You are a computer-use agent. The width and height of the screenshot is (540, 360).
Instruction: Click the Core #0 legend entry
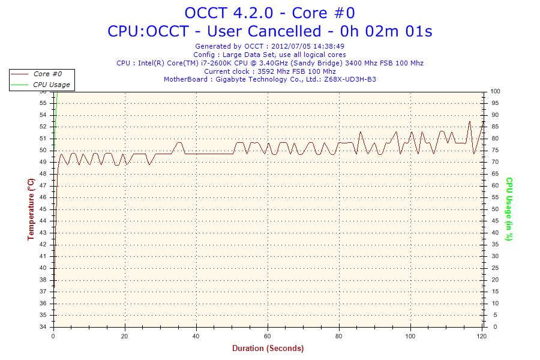click(47, 74)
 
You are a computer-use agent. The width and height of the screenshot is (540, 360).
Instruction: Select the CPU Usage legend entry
click(51, 85)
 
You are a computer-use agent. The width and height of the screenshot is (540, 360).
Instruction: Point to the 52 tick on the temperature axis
click(43, 127)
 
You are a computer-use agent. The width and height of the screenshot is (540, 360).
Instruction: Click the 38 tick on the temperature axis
click(43, 280)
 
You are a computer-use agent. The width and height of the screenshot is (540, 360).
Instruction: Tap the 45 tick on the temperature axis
click(43, 209)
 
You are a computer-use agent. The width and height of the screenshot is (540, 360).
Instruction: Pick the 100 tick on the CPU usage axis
click(496, 91)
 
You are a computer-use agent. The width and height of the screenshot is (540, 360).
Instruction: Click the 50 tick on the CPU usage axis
click(496, 209)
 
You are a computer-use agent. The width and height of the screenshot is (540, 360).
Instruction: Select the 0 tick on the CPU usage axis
click(494, 327)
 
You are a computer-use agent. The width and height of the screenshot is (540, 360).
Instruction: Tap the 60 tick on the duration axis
click(268, 337)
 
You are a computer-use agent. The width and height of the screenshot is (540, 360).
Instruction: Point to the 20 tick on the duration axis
click(125, 337)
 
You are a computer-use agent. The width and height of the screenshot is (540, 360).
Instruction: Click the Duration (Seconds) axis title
click(268, 348)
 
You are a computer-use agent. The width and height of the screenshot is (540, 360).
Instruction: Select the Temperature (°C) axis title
click(31, 209)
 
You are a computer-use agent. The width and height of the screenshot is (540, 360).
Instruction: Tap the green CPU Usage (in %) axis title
click(509, 209)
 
